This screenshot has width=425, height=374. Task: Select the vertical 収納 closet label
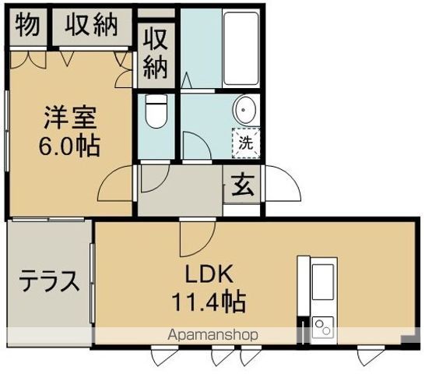pos(155,53)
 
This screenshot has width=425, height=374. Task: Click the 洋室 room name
pos(69,119)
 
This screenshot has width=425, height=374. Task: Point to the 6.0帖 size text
pos(71,146)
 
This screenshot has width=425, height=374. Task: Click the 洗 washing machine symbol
pos(245,143)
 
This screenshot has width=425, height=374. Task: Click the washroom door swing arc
pos(195,146)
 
